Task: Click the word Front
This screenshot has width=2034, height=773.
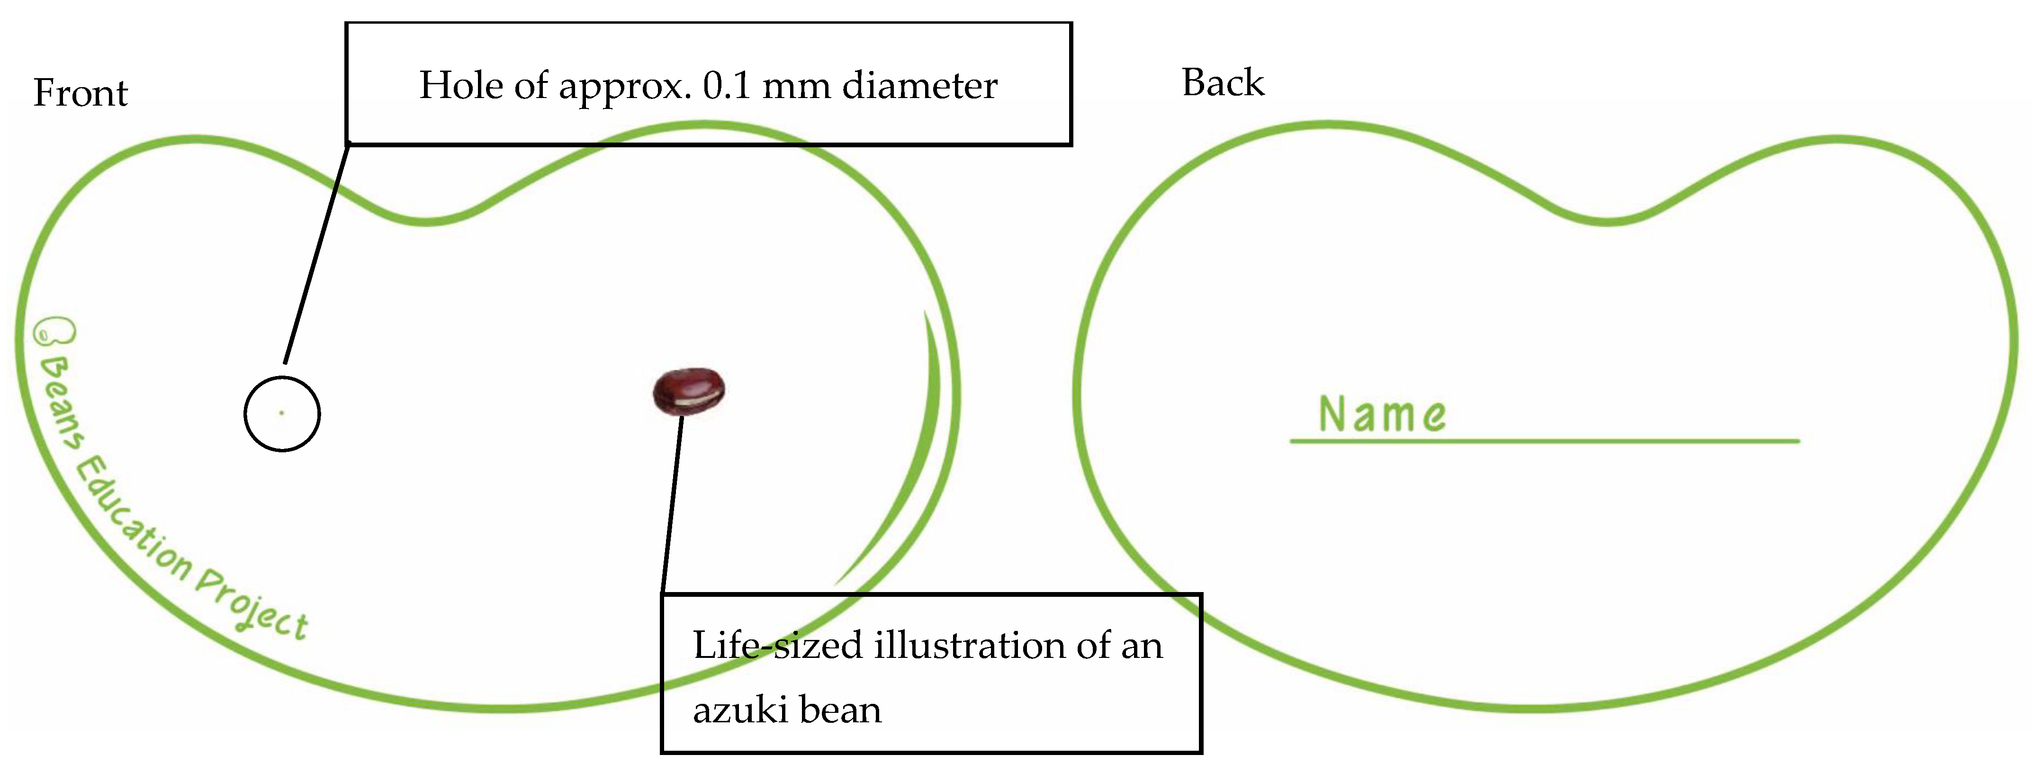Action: pos(81,93)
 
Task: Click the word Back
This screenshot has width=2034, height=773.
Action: pos(1222,83)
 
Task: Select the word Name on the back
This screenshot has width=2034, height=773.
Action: pos(1382,414)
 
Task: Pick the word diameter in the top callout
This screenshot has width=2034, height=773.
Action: pos(920,85)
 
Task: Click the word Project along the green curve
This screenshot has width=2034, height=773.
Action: pos(252,609)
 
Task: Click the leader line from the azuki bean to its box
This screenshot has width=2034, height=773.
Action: pos(672,505)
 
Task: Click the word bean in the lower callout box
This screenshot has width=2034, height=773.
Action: pos(840,710)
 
